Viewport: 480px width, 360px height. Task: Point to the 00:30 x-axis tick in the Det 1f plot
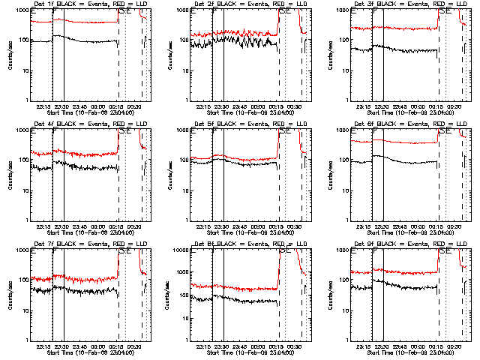[x=136, y=106]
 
